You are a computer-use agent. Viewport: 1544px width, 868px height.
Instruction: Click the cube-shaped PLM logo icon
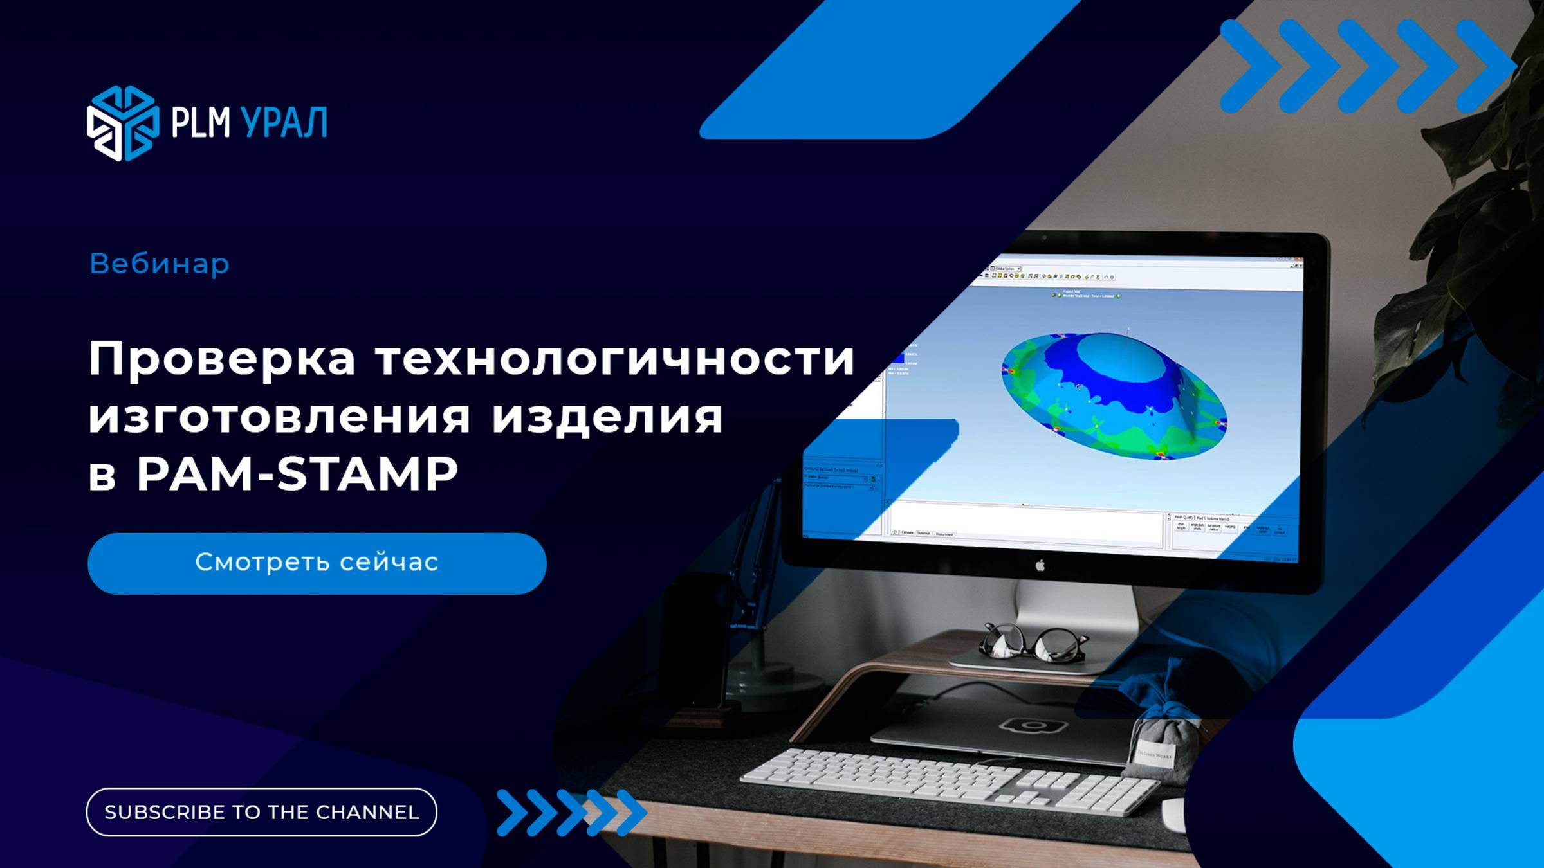[x=122, y=123]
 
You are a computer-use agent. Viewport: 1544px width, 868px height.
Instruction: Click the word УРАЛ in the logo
[x=283, y=123]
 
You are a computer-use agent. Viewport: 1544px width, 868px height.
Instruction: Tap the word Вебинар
[x=159, y=264]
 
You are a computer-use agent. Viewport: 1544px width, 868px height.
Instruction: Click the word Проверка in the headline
[x=221, y=359]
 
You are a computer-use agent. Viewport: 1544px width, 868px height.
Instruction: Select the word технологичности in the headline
[x=614, y=359]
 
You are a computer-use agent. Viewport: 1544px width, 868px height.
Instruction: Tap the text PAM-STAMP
[x=297, y=475]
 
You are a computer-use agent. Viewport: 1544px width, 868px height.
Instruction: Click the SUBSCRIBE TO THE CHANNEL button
[x=261, y=812]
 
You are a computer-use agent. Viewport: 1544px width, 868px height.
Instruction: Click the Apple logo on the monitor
[x=1040, y=565]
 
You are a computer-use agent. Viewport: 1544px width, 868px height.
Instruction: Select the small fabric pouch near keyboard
[x=1158, y=739]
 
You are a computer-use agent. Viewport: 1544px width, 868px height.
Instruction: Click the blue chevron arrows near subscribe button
[x=571, y=813]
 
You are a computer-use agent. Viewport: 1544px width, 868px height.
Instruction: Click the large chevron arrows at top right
[x=1367, y=66]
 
